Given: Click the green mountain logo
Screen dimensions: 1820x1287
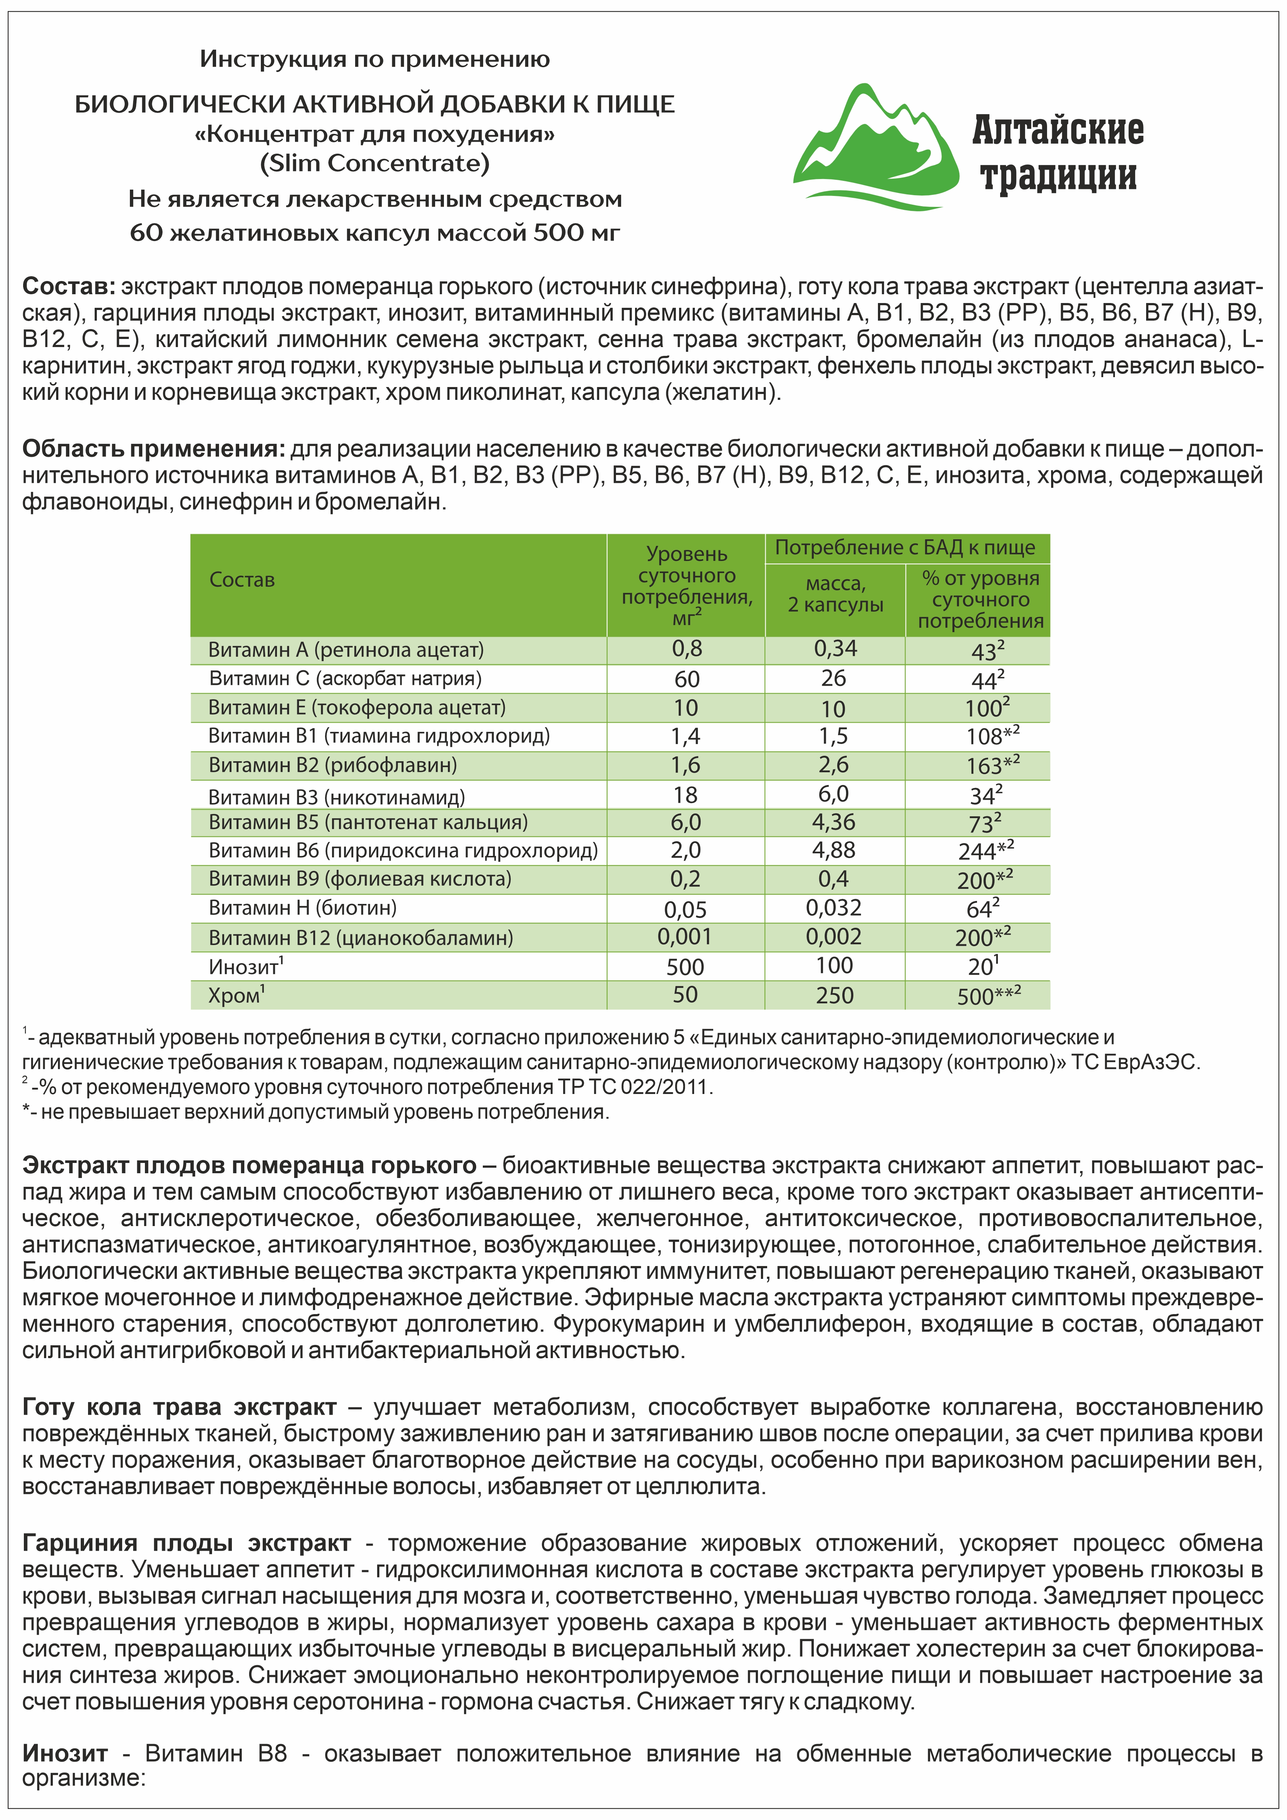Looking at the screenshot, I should click(876, 151).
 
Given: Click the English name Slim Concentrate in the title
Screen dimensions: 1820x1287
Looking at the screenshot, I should click(375, 163).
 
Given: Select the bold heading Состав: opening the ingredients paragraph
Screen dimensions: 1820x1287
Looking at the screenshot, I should click(69, 286).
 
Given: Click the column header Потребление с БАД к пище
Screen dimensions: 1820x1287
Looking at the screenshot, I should click(905, 548).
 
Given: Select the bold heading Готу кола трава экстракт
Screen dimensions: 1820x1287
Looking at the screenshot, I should click(179, 1407).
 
